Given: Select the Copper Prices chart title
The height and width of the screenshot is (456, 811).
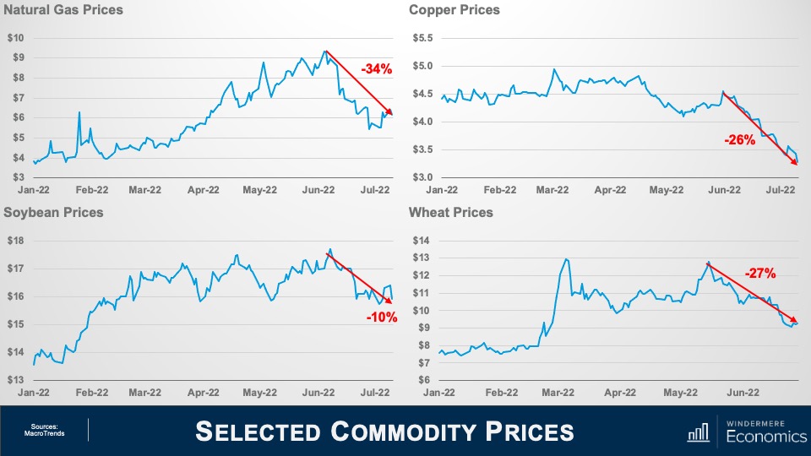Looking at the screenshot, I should click(x=454, y=10).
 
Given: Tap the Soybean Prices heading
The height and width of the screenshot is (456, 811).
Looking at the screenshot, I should click(x=53, y=212).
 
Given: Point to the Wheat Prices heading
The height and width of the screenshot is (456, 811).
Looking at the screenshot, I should click(x=450, y=212).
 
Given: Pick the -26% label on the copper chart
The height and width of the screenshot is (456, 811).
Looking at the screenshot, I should click(x=739, y=140).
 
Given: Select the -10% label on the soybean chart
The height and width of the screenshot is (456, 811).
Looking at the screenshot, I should click(x=382, y=318).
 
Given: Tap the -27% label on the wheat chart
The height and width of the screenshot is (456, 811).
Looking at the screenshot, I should click(x=759, y=273).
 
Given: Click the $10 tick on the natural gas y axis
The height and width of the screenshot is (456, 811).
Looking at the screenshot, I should click(x=16, y=38).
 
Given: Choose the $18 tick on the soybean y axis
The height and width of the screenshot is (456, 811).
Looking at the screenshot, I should click(x=16, y=241).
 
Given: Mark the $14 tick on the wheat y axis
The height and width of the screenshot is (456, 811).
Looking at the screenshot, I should click(x=421, y=241).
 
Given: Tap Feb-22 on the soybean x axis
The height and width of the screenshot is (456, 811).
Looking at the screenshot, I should click(x=91, y=392).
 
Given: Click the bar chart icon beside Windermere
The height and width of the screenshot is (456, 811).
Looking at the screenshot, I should click(x=698, y=432).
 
